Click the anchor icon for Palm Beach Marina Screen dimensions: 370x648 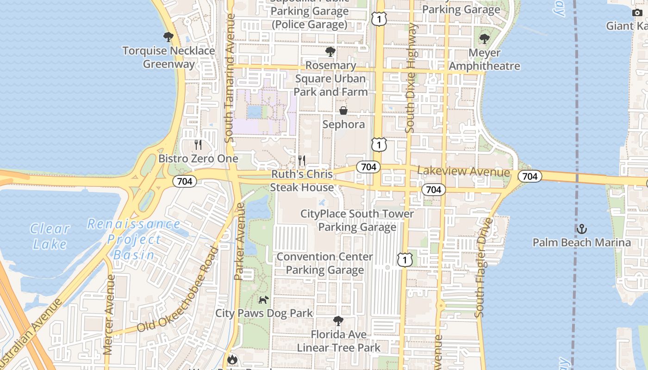click(581, 229)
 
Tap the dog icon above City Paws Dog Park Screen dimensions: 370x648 click(263, 300)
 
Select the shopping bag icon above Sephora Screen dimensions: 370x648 click(343, 111)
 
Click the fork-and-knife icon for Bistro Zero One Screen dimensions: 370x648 click(198, 145)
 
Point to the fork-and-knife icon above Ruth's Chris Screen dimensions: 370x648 click(302, 160)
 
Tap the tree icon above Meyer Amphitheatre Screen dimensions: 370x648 click(485, 39)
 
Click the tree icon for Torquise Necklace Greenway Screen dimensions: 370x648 click(168, 37)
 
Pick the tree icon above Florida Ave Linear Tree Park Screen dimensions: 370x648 click(339, 321)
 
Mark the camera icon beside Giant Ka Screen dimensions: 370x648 click(637, 12)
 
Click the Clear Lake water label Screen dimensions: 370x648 click(50, 236)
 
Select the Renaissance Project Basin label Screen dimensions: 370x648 click(134, 239)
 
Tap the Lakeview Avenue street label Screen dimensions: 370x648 click(463, 172)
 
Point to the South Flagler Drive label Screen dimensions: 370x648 click(485, 267)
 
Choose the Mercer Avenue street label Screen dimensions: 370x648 click(110, 314)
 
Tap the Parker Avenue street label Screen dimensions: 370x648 click(239, 241)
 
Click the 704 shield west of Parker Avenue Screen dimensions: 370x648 click(185, 181)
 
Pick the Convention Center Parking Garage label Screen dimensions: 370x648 click(324, 263)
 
